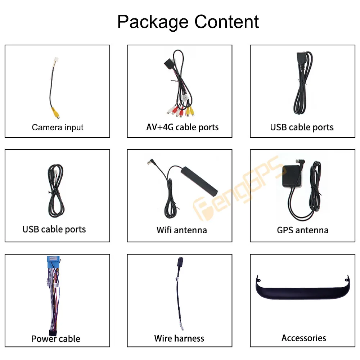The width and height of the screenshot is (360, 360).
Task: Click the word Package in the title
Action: tap(153, 22)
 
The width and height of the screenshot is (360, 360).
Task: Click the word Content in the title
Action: tap(226, 22)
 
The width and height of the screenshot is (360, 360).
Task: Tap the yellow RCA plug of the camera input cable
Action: tap(56, 113)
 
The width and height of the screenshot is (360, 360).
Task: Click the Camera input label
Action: tap(57, 127)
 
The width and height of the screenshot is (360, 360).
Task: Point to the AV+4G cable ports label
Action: tap(182, 127)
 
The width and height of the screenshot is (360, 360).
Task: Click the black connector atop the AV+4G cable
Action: tap(169, 62)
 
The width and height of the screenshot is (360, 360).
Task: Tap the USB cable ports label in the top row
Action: tap(302, 127)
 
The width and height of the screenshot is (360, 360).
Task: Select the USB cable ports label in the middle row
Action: tap(54, 229)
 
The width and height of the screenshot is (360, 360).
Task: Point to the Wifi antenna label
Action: tap(181, 230)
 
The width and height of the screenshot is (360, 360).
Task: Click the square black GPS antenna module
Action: tap(292, 175)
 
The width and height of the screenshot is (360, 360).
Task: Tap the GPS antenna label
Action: tap(303, 230)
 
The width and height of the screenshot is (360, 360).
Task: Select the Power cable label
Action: tap(56, 339)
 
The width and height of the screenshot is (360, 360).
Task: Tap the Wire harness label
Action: tap(179, 338)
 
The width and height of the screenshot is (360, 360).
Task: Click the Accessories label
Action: tap(304, 338)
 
